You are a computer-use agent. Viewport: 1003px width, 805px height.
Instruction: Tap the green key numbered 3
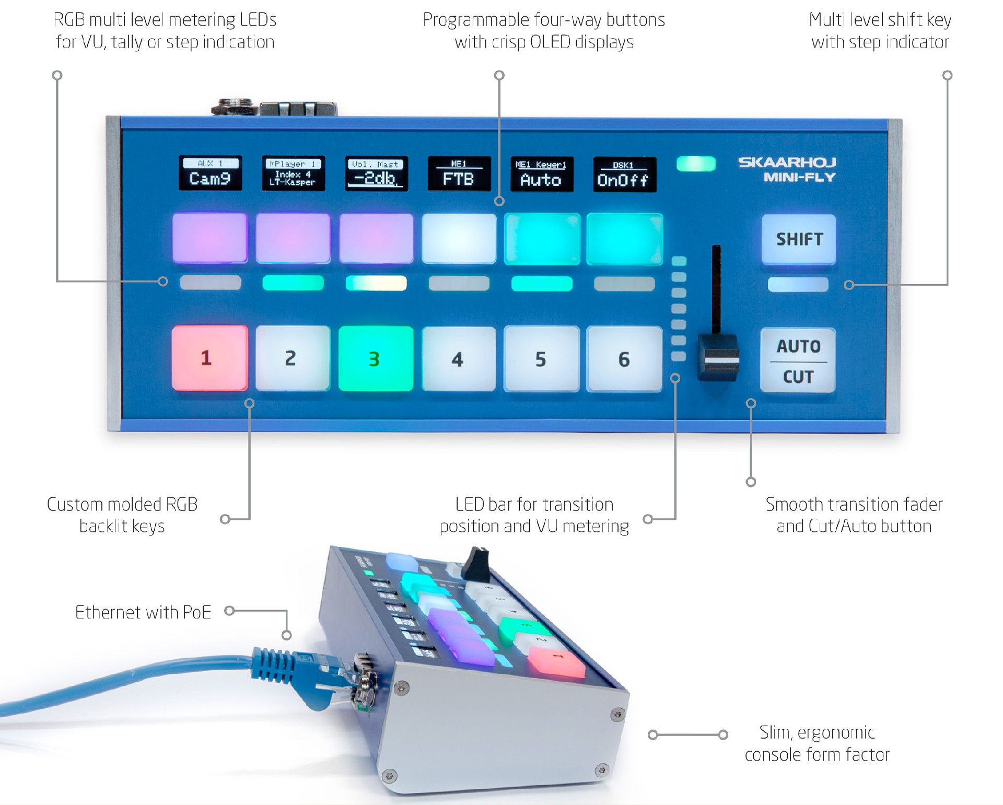click(376, 359)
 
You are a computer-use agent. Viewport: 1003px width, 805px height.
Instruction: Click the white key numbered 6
click(624, 359)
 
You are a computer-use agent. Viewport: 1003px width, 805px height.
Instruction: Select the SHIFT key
click(799, 239)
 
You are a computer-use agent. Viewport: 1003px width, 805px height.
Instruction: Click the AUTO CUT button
click(798, 360)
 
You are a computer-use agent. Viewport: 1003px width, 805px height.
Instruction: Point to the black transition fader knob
click(719, 357)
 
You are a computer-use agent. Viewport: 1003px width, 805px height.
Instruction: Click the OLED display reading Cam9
click(210, 173)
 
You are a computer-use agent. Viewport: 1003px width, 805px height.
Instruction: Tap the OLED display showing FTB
click(459, 174)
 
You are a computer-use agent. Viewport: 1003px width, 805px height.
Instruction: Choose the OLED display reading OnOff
click(624, 174)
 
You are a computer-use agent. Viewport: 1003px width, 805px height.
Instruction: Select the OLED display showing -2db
click(376, 173)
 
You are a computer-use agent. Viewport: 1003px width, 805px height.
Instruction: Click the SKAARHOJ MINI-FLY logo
click(787, 170)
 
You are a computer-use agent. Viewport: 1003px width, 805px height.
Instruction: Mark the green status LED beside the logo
click(696, 164)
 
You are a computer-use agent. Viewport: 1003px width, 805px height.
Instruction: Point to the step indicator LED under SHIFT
click(798, 285)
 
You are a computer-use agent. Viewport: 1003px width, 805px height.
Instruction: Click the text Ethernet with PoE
click(143, 612)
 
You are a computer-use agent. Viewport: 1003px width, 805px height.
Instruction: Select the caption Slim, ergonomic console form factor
click(817, 743)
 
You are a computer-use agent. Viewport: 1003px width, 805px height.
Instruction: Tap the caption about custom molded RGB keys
click(122, 515)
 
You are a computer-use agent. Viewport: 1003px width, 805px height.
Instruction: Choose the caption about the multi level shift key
click(880, 31)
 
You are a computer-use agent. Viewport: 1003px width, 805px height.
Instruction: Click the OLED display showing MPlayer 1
click(293, 173)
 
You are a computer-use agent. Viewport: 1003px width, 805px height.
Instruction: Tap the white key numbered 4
click(458, 359)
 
